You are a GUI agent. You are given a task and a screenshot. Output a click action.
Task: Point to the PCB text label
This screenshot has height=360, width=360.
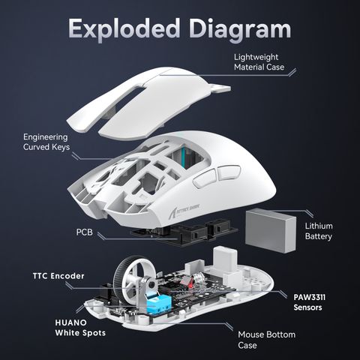[x=85, y=232]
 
